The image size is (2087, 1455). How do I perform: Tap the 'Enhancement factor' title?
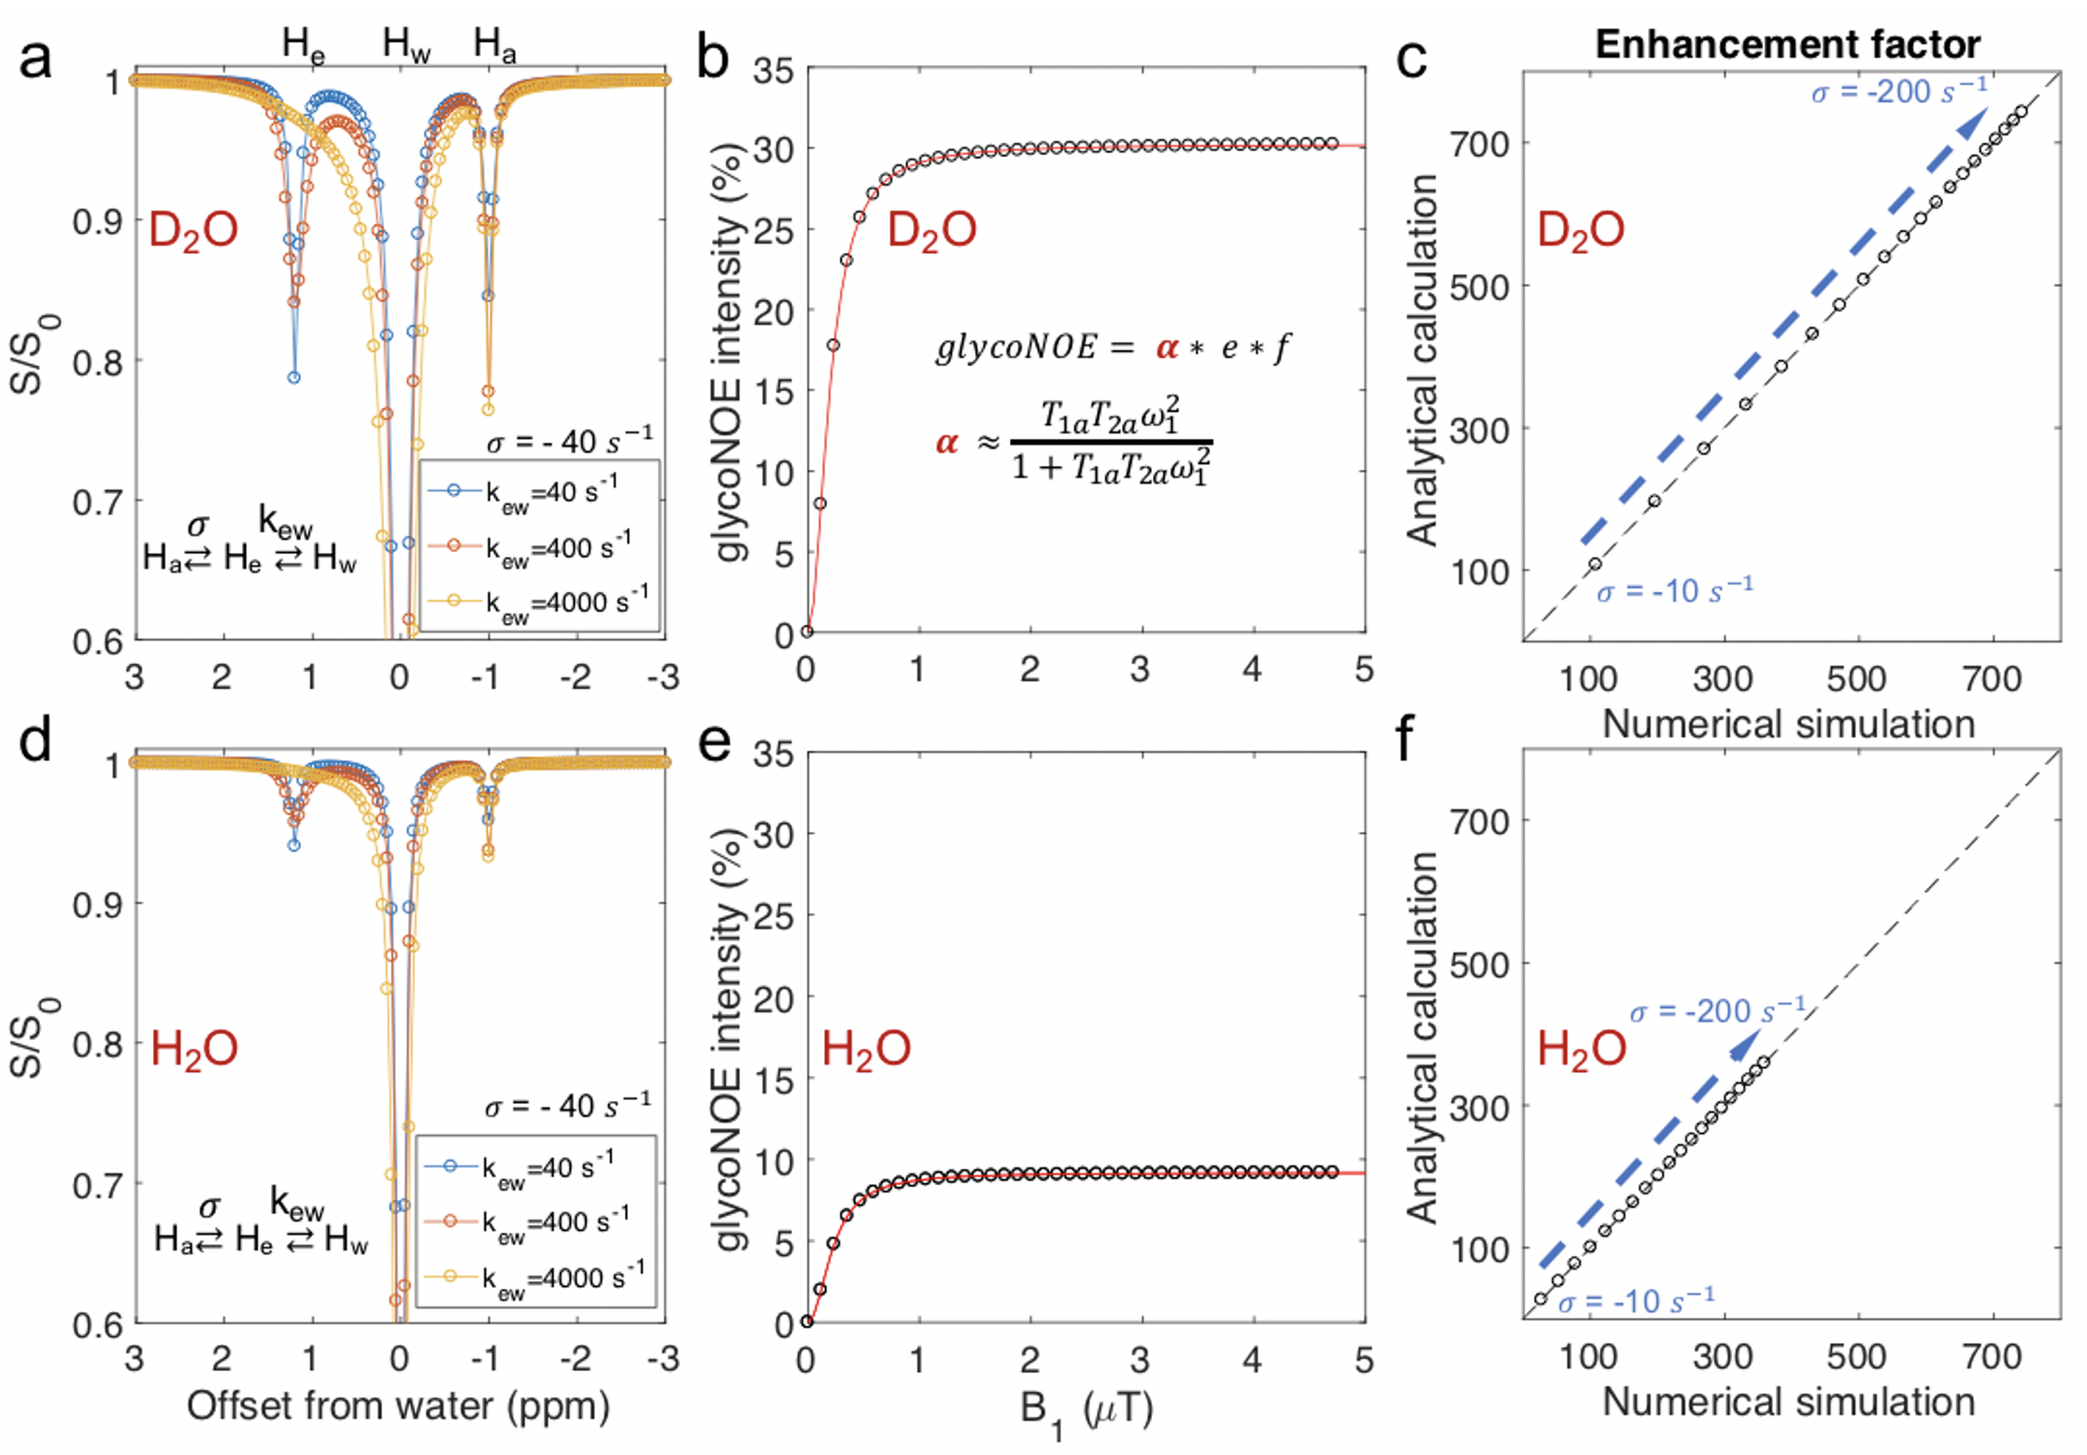pyautogui.click(x=1787, y=44)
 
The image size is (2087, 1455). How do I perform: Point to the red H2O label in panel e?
pyautogui.click(x=865, y=1049)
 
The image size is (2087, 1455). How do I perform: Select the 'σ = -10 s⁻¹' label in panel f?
pyautogui.click(x=1636, y=1299)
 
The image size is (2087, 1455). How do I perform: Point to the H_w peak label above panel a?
pyautogui.click(x=406, y=44)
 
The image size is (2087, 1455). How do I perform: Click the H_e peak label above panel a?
pyautogui.click(x=304, y=44)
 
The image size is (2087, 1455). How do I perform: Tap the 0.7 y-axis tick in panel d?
pyautogui.click(x=97, y=1185)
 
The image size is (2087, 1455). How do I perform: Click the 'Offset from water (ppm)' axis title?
pyautogui.click(x=398, y=1406)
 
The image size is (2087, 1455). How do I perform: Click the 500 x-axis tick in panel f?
pyautogui.click(x=1856, y=1356)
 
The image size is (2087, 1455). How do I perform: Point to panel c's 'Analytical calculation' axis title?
pyautogui.click(x=1422, y=360)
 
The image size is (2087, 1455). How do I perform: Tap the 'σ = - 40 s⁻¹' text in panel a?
pyautogui.click(x=569, y=439)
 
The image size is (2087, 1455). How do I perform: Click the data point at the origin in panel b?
pyautogui.click(x=807, y=632)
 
